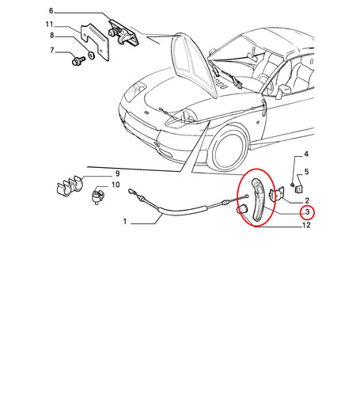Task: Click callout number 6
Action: pos(51,11)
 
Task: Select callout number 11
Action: pos(49,25)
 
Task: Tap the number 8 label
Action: pos(52,36)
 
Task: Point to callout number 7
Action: pos(52,50)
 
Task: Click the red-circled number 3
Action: pos(307,211)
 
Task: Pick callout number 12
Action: pos(306,225)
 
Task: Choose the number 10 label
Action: pos(116,185)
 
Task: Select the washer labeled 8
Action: pos(91,55)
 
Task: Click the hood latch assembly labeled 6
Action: pos(123,33)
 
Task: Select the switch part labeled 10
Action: pos(97,196)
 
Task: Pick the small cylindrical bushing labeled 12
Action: pos(241,209)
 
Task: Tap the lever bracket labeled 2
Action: pos(276,194)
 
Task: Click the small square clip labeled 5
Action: pos(298,188)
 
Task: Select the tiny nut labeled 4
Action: pos(292,185)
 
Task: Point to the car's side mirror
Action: pos(283,90)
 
